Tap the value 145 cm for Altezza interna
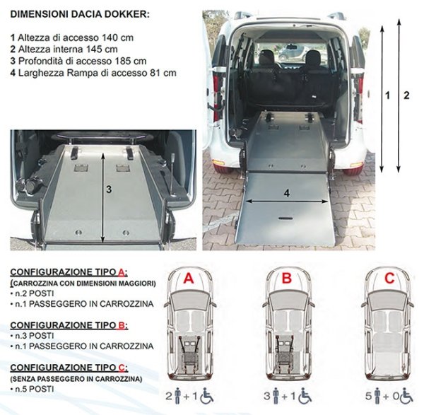click(102, 49)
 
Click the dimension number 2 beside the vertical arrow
click(406, 95)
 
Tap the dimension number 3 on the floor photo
click(109, 189)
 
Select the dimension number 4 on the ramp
click(286, 192)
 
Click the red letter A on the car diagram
click(188, 279)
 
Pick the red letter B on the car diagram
click(286, 279)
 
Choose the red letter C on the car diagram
click(389, 279)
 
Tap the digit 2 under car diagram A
click(167, 395)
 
